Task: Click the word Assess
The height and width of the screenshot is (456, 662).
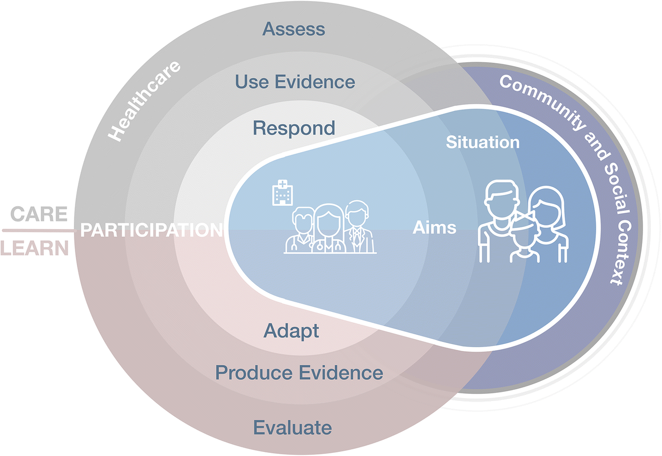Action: click(x=294, y=29)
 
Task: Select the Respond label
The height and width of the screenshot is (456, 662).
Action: click(x=294, y=128)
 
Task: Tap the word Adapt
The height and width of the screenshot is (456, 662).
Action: click(x=291, y=331)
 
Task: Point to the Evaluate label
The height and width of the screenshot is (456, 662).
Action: click(x=293, y=427)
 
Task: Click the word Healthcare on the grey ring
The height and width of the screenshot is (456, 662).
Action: click(x=145, y=101)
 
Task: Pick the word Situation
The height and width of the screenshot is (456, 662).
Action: click(x=483, y=142)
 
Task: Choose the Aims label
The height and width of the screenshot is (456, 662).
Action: click(x=434, y=227)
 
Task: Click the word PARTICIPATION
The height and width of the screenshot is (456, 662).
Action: click(x=152, y=230)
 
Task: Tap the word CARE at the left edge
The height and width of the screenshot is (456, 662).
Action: click(x=39, y=214)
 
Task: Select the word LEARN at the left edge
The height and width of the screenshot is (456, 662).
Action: click(x=35, y=248)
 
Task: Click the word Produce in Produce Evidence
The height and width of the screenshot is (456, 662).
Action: click(x=251, y=373)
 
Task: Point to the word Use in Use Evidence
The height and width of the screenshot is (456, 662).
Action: click(x=252, y=81)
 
